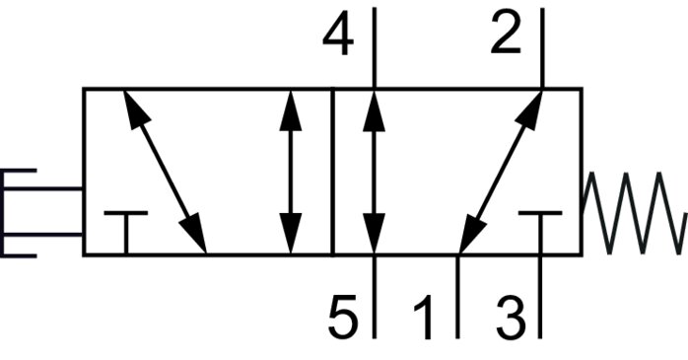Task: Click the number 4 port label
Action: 338,39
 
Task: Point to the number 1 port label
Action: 424,320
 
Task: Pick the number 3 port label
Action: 508,318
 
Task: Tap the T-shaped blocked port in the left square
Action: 125,231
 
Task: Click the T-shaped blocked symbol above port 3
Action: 539,231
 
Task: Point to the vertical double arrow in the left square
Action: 290,172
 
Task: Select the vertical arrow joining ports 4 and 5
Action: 374,172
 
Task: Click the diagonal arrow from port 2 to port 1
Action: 502,172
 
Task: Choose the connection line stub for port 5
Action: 374,296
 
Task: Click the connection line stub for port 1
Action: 457,296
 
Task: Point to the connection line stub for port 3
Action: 540,296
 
